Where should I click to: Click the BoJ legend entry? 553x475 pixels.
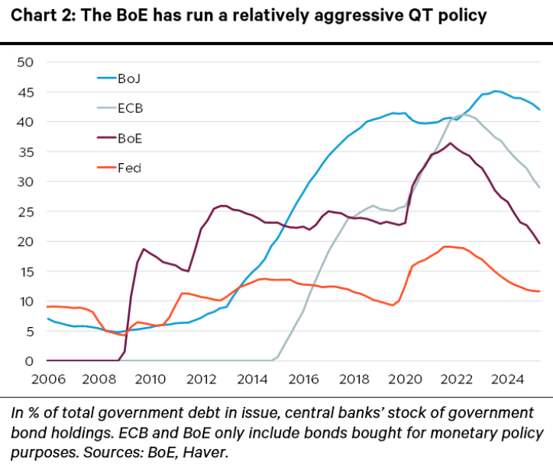coord(127,78)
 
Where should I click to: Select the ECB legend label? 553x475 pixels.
coord(130,108)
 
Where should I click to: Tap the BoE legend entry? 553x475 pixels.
coord(129,139)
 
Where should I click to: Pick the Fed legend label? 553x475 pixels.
coord(128,168)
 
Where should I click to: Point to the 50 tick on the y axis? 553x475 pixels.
coord(27,62)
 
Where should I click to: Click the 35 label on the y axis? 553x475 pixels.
coord(27,152)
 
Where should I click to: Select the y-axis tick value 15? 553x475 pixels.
coord(27,271)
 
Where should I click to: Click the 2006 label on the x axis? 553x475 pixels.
coord(47,379)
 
